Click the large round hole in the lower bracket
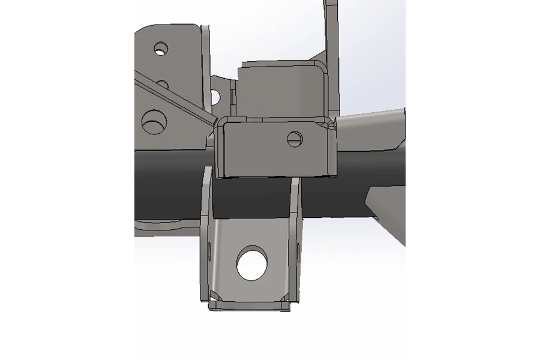click(x=251, y=264)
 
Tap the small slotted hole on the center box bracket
click(x=295, y=139)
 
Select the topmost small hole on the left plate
click(x=160, y=48)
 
